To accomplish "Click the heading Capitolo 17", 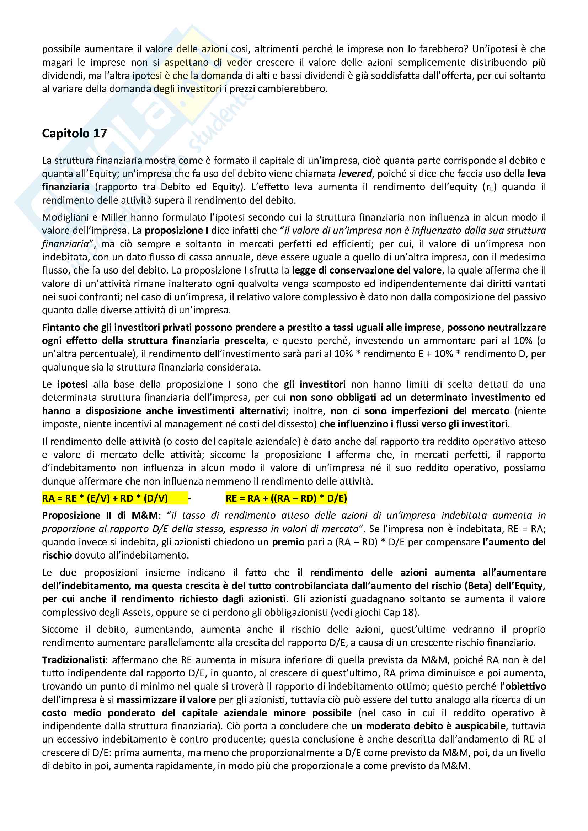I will tap(74, 134).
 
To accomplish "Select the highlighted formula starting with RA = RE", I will tap(105, 498).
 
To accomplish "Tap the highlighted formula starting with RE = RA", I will tap(286, 498).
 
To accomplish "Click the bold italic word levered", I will tap(355, 174).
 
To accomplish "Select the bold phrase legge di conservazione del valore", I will tap(367, 270).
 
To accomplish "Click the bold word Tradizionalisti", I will tap(74, 660).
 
